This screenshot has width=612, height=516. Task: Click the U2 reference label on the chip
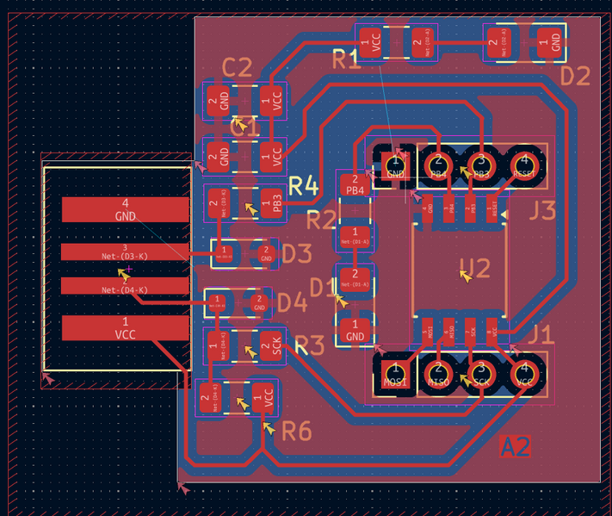pos(474,268)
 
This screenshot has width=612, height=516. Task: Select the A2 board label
pos(516,446)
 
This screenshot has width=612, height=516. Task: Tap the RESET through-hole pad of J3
pos(522,163)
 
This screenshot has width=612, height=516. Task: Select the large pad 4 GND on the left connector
pos(125,209)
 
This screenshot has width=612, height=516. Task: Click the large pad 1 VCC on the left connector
pos(125,328)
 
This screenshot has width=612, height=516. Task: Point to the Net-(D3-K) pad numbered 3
pos(125,252)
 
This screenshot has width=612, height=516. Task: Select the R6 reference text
pos(297,431)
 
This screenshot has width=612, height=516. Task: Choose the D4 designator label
pos(293,302)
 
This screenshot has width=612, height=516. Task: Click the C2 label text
pos(237,67)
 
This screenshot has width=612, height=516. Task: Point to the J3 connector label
pos(542,210)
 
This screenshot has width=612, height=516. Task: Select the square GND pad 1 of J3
pos(396,163)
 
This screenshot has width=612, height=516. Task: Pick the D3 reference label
pos(296,253)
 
